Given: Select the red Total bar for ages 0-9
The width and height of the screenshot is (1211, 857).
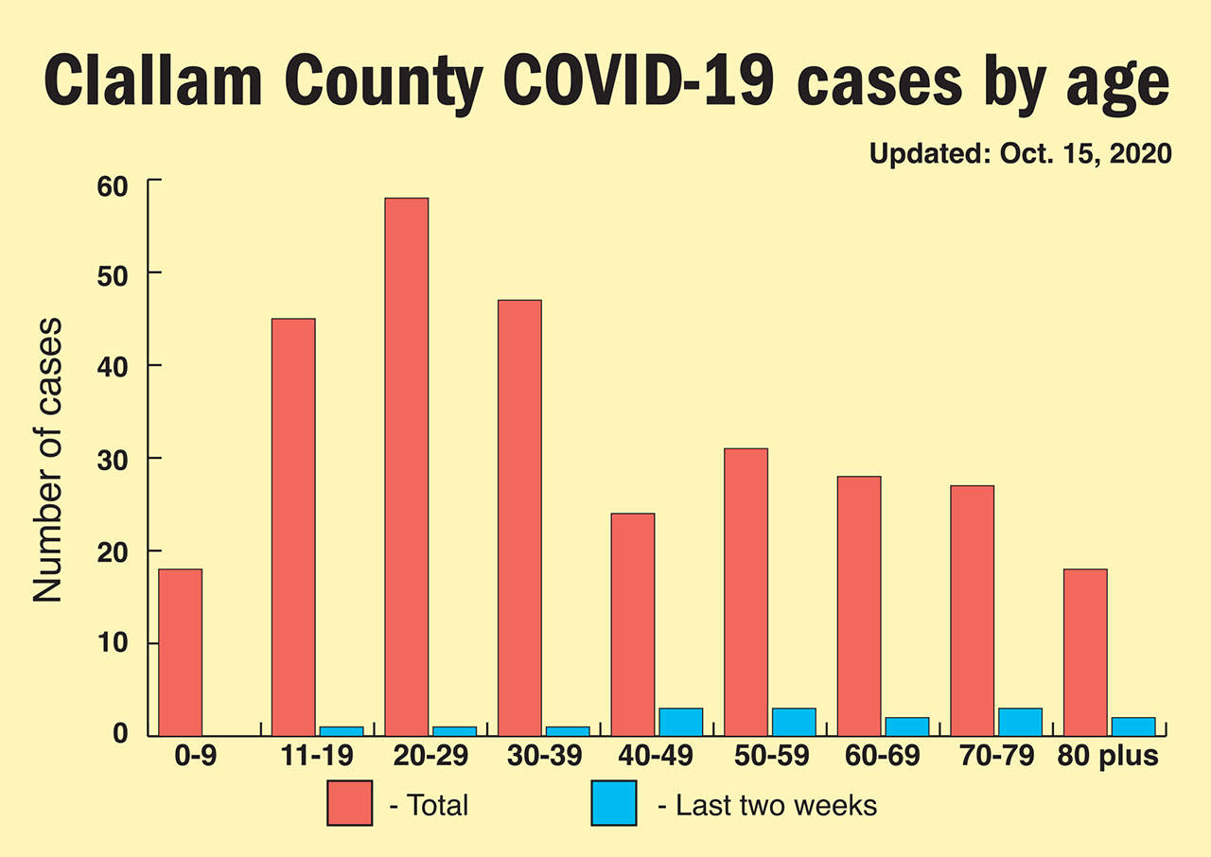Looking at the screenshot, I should coord(180,652).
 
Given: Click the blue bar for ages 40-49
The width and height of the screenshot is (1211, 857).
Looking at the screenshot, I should coord(680,722).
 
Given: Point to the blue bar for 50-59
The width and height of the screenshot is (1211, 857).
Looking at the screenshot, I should coord(794,722).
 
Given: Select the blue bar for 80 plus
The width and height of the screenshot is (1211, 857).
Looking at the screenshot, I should coord(1133,726).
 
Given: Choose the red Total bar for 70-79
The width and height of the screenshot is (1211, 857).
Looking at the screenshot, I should coord(972,610).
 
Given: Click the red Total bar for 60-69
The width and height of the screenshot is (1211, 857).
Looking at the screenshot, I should coord(859,605).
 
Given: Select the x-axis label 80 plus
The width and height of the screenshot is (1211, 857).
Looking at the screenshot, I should coord(1107,758).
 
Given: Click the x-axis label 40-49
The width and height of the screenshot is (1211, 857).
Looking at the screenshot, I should coord(656,758).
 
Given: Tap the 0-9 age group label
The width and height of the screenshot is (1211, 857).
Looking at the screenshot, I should coord(180,758).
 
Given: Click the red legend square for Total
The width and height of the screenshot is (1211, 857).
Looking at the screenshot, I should coord(350,803).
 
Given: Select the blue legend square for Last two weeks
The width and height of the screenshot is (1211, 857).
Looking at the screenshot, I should coord(614,803).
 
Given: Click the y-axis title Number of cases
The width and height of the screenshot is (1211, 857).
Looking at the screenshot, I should coord(47,461).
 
